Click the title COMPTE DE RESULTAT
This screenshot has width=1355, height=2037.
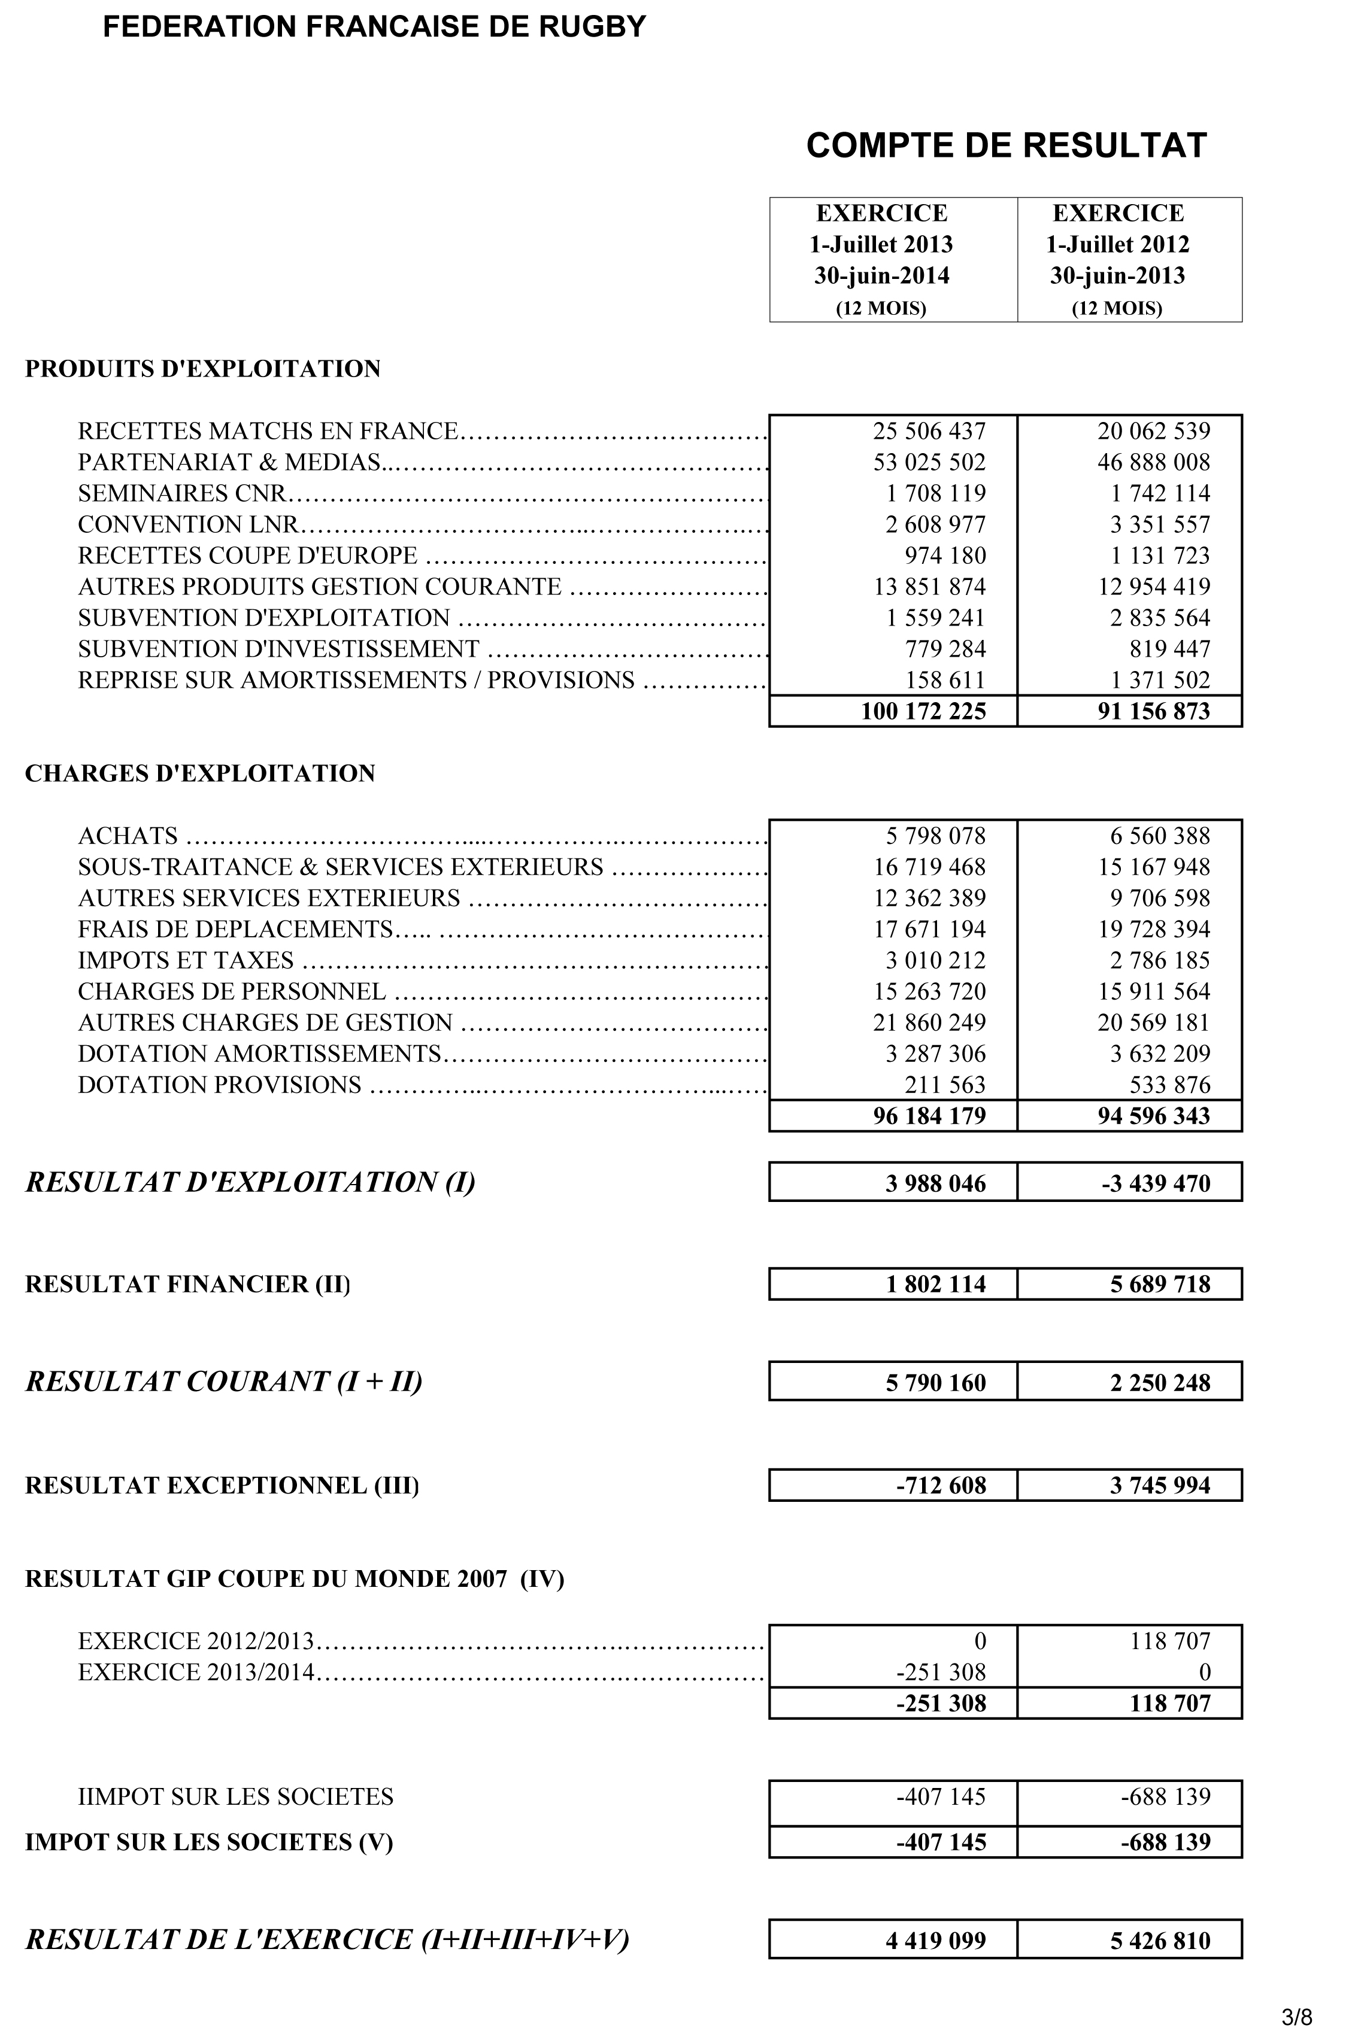tap(1006, 145)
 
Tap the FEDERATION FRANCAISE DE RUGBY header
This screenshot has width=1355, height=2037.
tap(374, 27)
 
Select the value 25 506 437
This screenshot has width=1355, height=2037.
tap(929, 431)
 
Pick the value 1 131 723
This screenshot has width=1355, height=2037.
tap(1160, 555)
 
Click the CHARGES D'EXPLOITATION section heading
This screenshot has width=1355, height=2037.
tap(199, 773)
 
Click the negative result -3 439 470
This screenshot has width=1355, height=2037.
tap(1156, 1183)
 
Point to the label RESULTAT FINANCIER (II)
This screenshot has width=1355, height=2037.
tap(187, 1285)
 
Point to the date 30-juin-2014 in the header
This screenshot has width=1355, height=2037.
tap(881, 275)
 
